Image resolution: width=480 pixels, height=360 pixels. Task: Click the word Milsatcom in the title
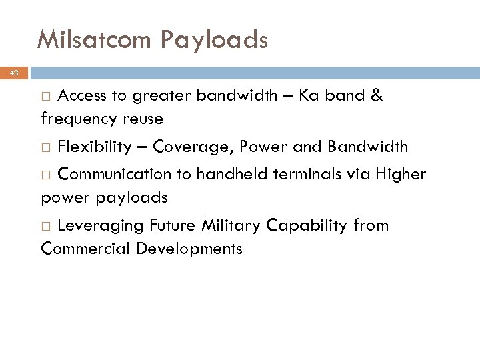[x=95, y=41]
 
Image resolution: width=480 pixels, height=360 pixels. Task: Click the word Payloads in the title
[x=215, y=41]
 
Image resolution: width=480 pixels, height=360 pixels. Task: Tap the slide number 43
[x=15, y=71]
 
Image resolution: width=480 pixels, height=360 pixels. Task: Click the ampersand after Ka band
[x=377, y=95]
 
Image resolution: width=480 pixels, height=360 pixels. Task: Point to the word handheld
[x=223, y=174]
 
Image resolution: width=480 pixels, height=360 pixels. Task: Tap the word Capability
[x=307, y=225]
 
